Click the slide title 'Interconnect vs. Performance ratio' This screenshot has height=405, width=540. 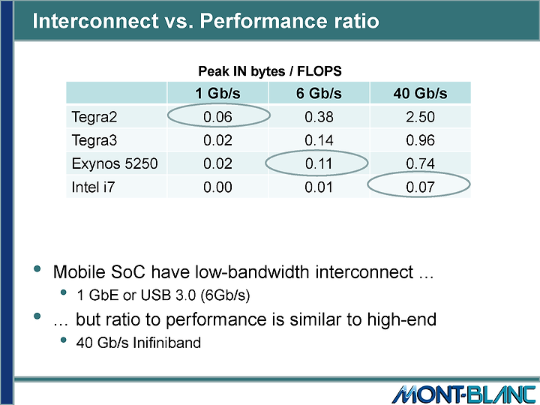[205, 21]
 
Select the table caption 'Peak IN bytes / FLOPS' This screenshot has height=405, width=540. [270, 71]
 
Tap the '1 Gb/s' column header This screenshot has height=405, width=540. [217, 93]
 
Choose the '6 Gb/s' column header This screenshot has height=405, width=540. [319, 93]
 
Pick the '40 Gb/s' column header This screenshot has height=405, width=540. [420, 93]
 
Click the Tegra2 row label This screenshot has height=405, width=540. [94, 117]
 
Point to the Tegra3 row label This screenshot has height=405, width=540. [94, 140]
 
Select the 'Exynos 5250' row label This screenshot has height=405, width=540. [114, 163]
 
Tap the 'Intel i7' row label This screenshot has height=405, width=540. [93, 187]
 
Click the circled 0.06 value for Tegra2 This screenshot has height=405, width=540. [217, 117]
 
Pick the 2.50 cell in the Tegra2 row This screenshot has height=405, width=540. [420, 117]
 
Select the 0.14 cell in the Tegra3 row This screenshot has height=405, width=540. [319, 140]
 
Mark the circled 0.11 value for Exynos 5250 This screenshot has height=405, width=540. [319, 163]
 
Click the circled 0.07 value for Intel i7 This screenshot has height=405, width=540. [420, 187]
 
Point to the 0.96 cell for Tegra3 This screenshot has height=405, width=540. [420, 140]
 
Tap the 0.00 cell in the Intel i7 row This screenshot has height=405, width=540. [217, 187]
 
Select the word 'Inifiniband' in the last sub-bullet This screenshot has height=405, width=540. [166, 343]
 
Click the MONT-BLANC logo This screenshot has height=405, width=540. [463, 394]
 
